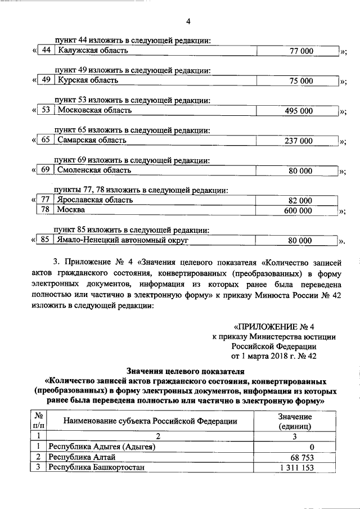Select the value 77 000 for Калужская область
point(301,51)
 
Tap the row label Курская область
point(87,80)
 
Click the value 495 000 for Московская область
point(299,111)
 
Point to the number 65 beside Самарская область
point(46,140)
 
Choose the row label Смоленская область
point(94,170)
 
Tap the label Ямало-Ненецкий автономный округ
point(122,240)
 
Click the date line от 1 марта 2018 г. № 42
point(273,356)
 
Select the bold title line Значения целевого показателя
point(187,372)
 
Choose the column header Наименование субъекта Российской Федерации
point(150,421)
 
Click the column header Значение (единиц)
point(295,421)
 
